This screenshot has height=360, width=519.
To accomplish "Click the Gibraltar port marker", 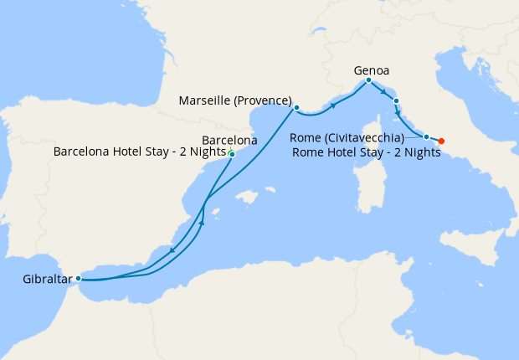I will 78,278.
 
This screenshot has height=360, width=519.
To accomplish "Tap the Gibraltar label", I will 39,279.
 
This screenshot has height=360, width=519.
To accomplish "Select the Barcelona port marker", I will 232,154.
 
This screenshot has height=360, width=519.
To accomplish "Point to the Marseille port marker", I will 296,107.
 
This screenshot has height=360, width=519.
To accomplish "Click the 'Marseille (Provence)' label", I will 235,101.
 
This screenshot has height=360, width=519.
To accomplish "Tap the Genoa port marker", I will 368,80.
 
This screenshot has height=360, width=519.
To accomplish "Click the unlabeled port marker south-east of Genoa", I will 396,101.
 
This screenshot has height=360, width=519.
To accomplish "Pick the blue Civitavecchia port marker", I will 426,136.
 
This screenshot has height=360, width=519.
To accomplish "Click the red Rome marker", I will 441,141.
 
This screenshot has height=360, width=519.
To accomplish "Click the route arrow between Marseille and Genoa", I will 333,105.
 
